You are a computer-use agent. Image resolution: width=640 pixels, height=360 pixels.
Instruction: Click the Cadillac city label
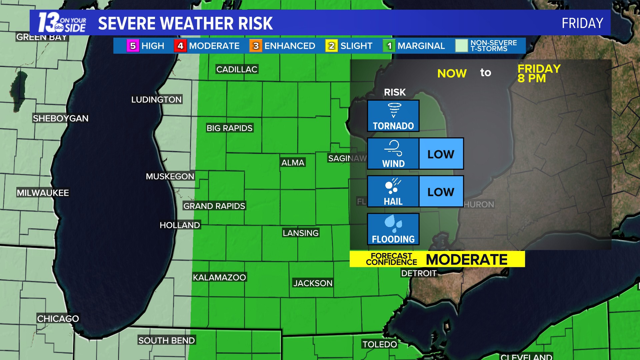tap(237, 69)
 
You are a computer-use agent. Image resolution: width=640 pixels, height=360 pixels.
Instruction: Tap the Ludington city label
tap(156, 100)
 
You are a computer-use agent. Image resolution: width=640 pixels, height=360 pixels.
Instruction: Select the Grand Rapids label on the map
tap(214, 206)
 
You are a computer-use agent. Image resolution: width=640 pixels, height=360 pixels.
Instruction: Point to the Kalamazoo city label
tap(219, 277)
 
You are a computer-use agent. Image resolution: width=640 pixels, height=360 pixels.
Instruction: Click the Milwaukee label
tap(43, 193)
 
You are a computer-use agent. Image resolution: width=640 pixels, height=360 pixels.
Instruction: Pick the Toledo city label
tap(380, 344)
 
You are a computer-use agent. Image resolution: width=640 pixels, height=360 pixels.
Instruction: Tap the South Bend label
tap(166, 340)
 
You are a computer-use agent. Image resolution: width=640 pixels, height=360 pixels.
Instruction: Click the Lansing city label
tap(301, 233)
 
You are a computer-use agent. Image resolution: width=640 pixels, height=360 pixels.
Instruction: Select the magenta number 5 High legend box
tap(133, 46)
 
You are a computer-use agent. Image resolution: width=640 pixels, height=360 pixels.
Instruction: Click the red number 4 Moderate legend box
tap(180, 46)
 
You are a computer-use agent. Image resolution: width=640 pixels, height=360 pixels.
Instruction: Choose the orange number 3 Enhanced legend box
tap(256, 46)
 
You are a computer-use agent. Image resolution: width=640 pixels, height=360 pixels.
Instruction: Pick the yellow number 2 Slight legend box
tap(331, 46)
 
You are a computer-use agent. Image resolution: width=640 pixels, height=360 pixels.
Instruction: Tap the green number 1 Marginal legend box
tap(389, 46)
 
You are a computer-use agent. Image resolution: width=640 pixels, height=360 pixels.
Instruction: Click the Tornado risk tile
tap(393, 116)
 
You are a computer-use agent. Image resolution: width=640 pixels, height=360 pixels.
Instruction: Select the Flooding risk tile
tap(393, 229)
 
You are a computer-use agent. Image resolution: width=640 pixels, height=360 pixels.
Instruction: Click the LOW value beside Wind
tap(441, 154)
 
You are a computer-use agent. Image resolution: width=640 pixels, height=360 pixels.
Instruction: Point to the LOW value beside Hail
tap(441, 192)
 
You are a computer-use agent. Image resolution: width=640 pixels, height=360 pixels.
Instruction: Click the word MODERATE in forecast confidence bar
tap(467, 259)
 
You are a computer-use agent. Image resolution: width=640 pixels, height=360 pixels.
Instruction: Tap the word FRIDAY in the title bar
tap(582, 23)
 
